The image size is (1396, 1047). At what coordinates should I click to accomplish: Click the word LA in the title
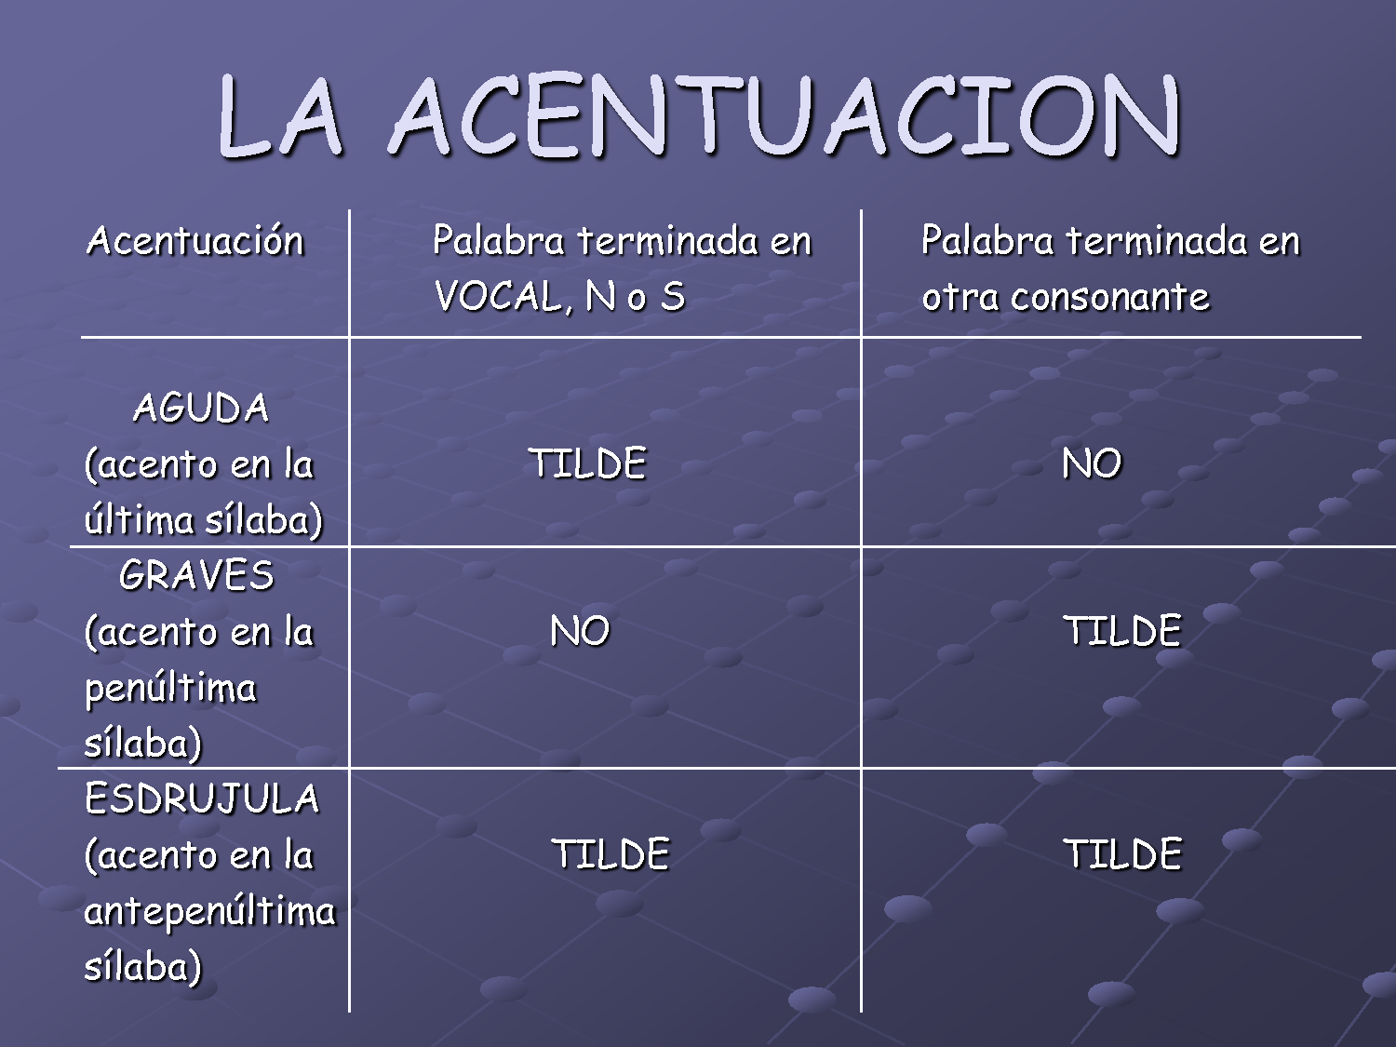pyautogui.click(x=280, y=116)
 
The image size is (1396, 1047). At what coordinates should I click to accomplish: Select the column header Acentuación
pyautogui.click(x=195, y=241)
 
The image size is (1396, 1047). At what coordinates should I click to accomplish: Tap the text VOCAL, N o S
pyautogui.click(x=559, y=297)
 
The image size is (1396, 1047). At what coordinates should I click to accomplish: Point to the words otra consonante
pyautogui.click(x=1065, y=297)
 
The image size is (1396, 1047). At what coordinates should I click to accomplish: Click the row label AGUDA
pyautogui.click(x=201, y=408)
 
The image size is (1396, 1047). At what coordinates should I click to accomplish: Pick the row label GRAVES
pyautogui.click(x=196, y=575)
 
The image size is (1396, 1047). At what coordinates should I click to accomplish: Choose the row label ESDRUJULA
pyautogui.click(x=202, y=799)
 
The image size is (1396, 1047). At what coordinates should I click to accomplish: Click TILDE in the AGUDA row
pyautogui.click(x=587, y=463)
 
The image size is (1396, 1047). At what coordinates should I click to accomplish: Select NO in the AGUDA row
pyautogui.click(x=1092, y=463)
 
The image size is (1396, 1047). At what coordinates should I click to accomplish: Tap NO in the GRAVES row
pyautogui.click(x=580, y=631)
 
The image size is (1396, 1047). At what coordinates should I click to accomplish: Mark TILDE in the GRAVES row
pyautogui.click(x=1122, y=631)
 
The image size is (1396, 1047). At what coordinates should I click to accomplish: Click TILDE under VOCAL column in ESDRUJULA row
pyautogui.click(x=611, y=854)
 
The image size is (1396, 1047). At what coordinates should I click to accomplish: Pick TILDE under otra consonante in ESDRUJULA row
pyautogui.click(x=1122, y=854)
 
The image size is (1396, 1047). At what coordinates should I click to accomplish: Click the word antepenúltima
pyautogui.click(x=209, y=910)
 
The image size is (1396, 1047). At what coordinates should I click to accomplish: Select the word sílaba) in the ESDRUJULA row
pyautogui.click(x=142, y=966)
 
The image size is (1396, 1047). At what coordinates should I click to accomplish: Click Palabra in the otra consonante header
pyautogui.click(x=987, y=241)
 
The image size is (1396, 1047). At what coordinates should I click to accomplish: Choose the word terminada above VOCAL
pyautogui.click(x=667, y=241)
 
